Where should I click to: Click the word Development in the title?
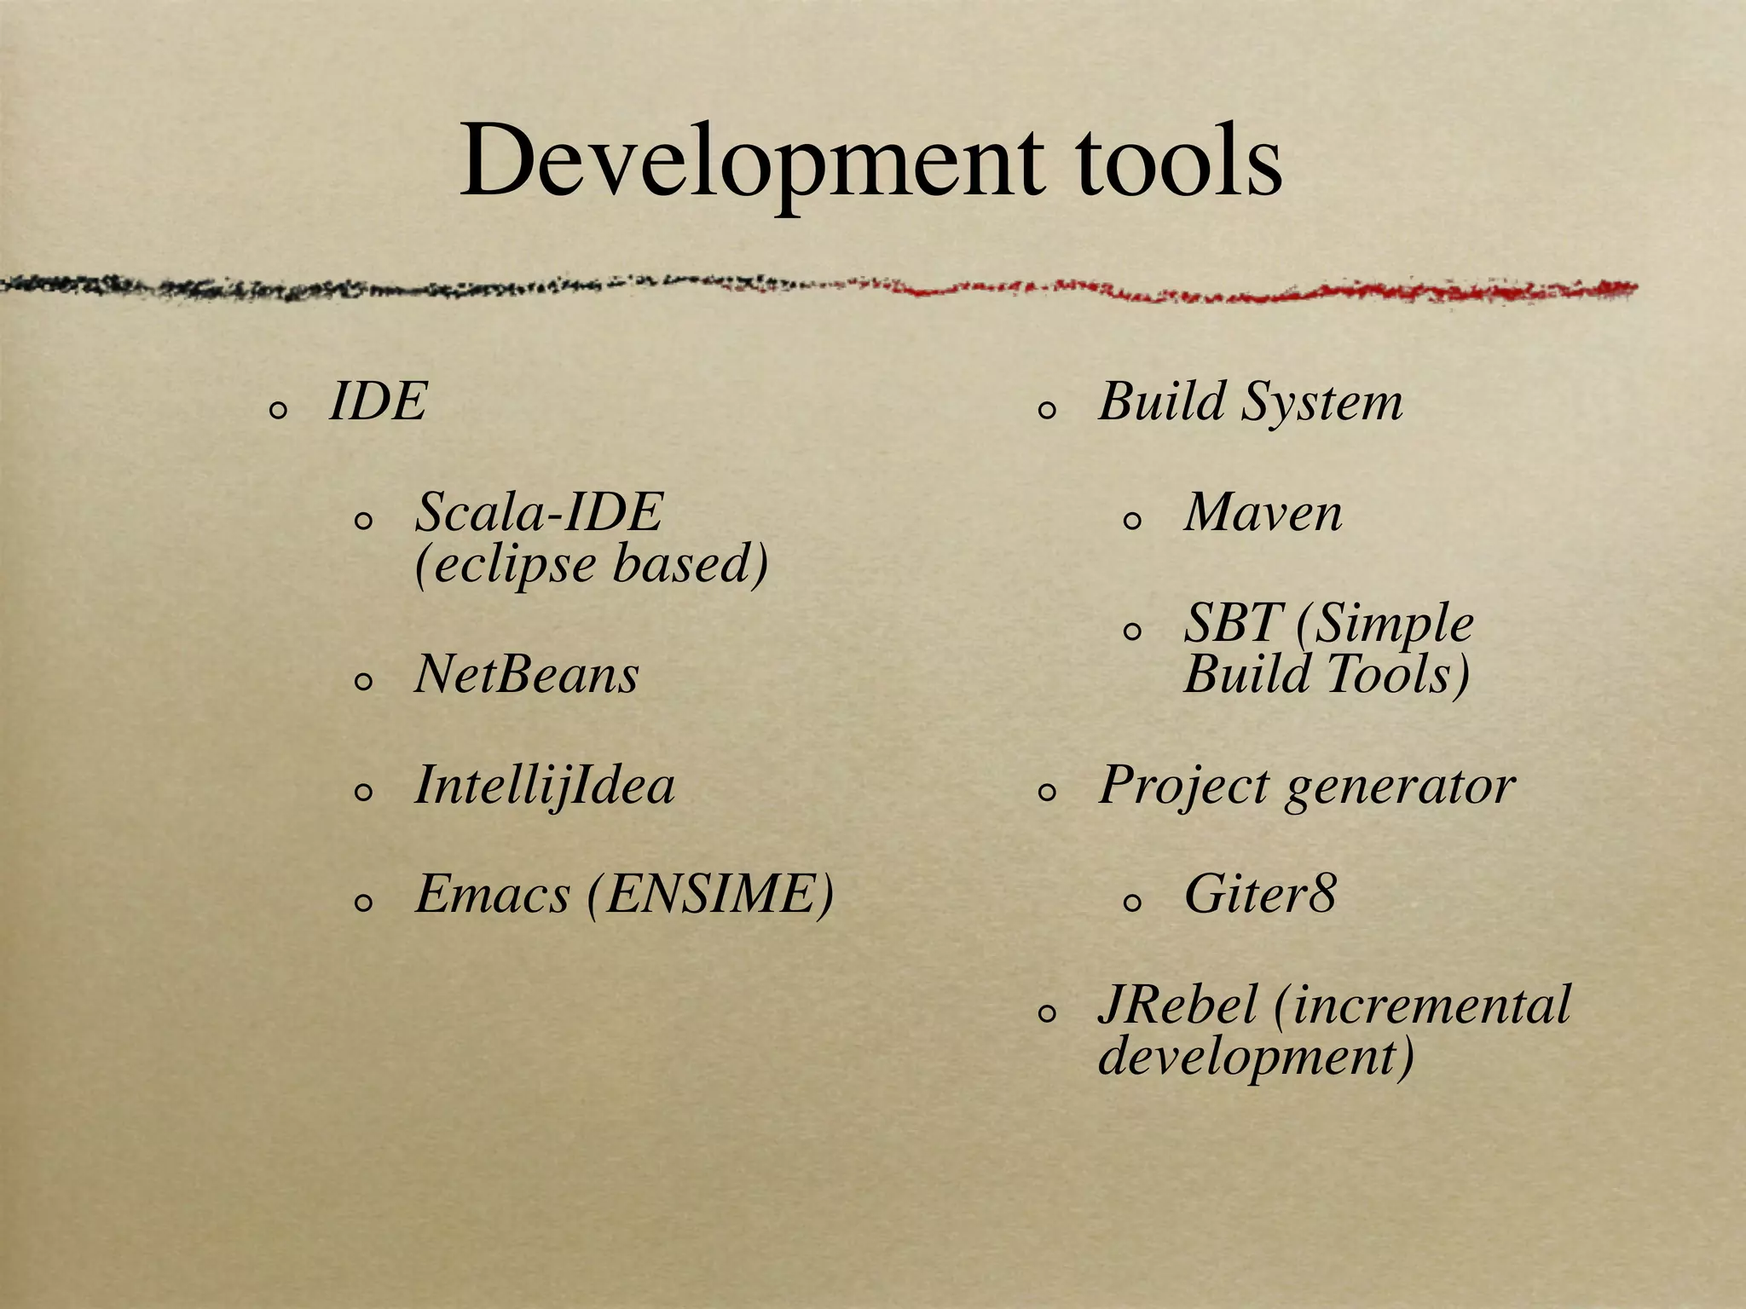click(751, 162)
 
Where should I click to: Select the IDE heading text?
click(378, 401)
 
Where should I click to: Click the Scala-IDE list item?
click(539, 512)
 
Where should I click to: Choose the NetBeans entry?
click(526, 675)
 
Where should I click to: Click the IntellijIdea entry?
click(544, 785)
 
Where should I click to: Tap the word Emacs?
click(492, 895)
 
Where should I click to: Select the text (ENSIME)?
click(710, 895)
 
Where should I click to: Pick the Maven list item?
click(1263, 512)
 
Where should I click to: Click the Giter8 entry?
click(1260, 895)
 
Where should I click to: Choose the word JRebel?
click(1177, 1005)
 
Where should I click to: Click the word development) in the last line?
click(1256, 1057)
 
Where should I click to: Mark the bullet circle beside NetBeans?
click(363, 682)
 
